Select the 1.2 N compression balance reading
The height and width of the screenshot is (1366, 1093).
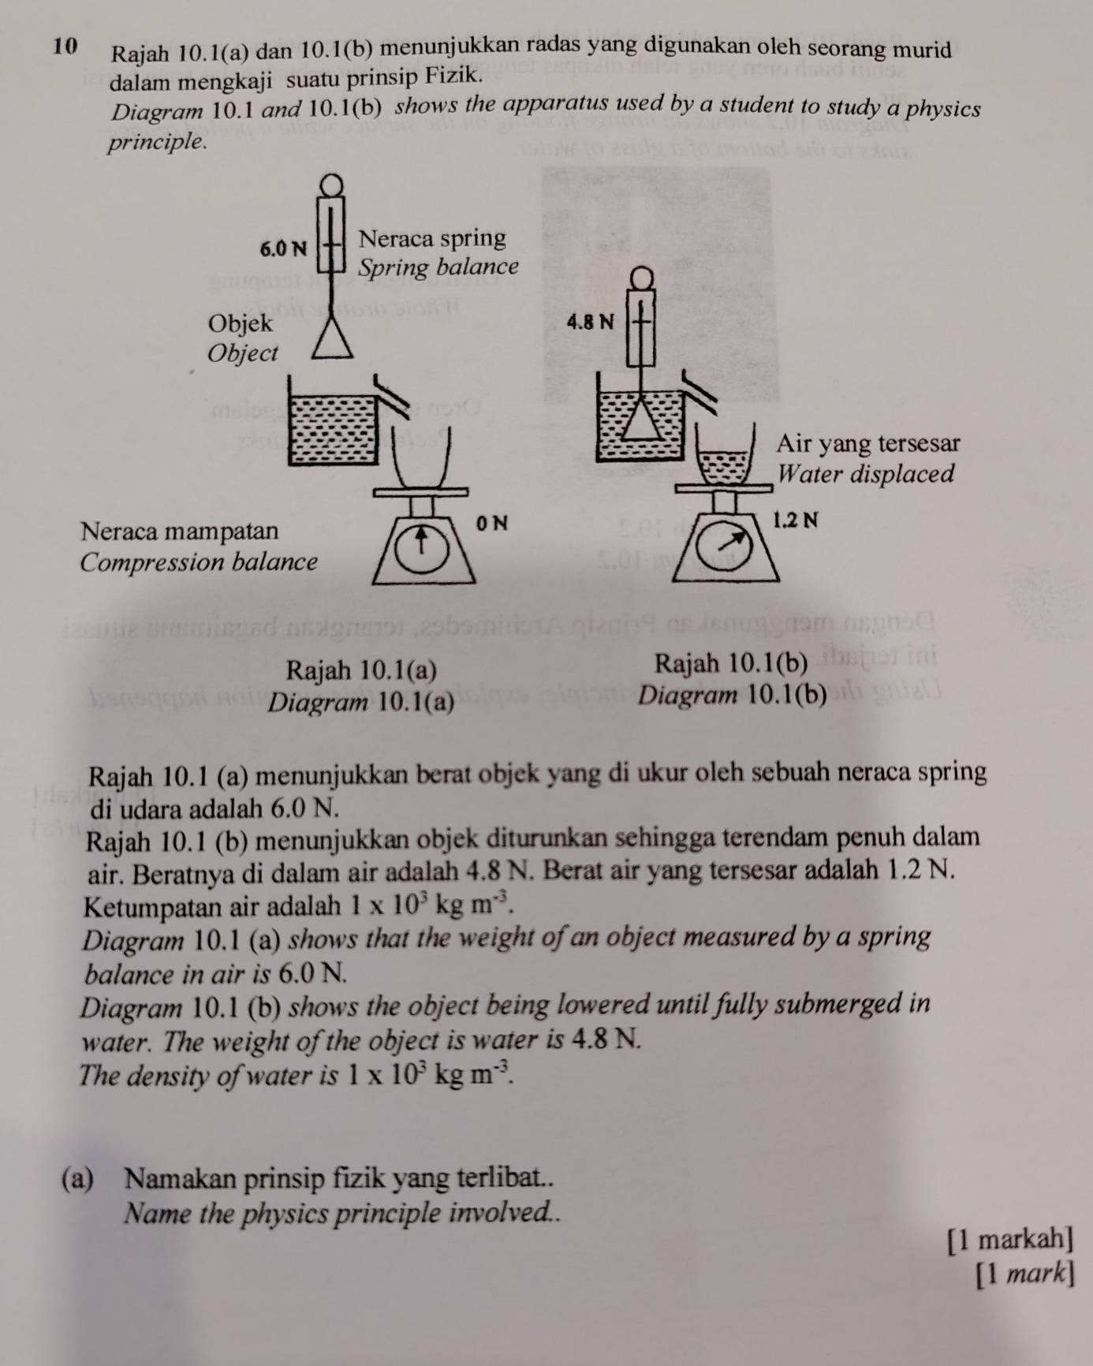[x=795, y=521]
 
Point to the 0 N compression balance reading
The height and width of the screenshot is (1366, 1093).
[x=493, y=522]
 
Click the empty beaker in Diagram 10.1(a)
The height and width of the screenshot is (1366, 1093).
[x=423, y=457]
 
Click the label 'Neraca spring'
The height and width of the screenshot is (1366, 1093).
[x=431, y=238]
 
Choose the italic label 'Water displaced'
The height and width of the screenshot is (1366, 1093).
[x=866, y=475]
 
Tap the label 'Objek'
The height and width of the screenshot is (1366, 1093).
[x=240, y=323]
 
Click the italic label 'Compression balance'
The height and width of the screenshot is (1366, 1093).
[x=199, y=562]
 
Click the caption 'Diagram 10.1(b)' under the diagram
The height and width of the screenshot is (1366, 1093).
[x=733, y=696]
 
